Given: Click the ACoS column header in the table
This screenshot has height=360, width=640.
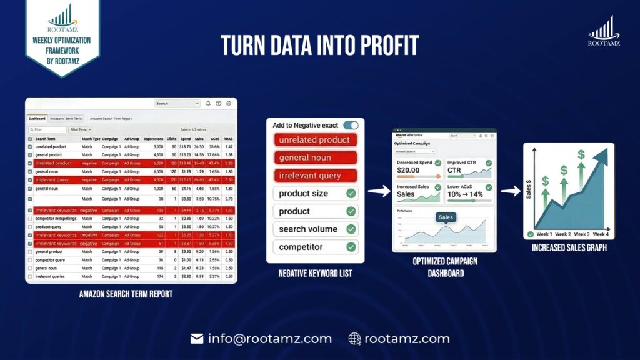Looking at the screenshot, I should (215, 139).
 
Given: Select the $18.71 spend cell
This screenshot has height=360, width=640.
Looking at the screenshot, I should (186, 146).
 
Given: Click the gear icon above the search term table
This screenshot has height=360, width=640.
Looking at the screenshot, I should (229, 103).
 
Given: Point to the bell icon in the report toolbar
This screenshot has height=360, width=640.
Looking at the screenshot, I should (208, 103).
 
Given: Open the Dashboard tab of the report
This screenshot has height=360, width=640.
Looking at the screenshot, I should (37, 118).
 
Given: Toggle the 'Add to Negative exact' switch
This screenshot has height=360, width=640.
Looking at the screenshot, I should (351, 125).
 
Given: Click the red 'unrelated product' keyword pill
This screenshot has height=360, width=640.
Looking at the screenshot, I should (314, 140).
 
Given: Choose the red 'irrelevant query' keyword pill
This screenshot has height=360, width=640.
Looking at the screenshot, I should (314, 176).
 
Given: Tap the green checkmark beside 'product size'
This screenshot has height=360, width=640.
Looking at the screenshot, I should (351, 194).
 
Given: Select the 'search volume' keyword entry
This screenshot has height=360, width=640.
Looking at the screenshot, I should (308, 229).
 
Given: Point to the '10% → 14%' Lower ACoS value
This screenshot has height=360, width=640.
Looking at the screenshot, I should (465, 194).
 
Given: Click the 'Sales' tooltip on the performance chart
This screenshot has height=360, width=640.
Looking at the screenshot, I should (446, 217).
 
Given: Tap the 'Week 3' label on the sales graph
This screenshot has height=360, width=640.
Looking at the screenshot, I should (581, 234).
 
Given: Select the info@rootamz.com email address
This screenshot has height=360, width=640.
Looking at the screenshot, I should (269, 339).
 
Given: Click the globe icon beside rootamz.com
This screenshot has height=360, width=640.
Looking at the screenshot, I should (354, 339).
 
